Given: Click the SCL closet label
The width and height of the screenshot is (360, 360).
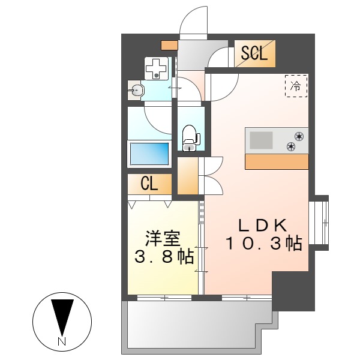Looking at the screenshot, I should tap(254, 53).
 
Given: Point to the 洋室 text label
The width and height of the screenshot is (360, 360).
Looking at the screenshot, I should tap(162, 239).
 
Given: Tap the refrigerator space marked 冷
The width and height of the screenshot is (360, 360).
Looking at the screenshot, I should tap(296, 86).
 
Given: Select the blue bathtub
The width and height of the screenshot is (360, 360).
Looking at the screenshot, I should tap(150, 154).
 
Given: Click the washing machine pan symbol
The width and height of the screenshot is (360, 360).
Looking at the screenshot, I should tap(157, 68).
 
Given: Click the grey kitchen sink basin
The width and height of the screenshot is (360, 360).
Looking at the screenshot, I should tap(260, 140).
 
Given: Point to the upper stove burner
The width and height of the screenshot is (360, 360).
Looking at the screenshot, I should tap(298, 135).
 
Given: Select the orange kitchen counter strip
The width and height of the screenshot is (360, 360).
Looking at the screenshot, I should tap(277, 161).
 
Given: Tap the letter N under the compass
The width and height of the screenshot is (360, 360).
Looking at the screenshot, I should tap(62, 341).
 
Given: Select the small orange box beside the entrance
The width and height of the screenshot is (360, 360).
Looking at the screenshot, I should tap(169, 44).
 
